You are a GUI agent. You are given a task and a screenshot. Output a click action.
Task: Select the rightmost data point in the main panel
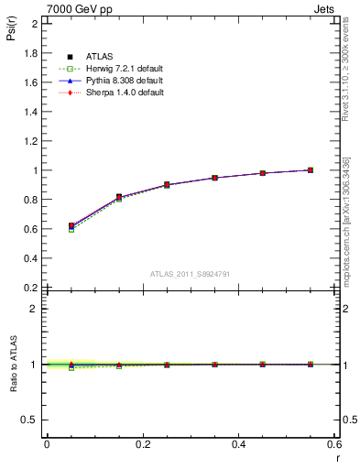pos(311,169)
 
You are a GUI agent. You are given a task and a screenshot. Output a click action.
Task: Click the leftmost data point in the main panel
pos(71,225)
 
